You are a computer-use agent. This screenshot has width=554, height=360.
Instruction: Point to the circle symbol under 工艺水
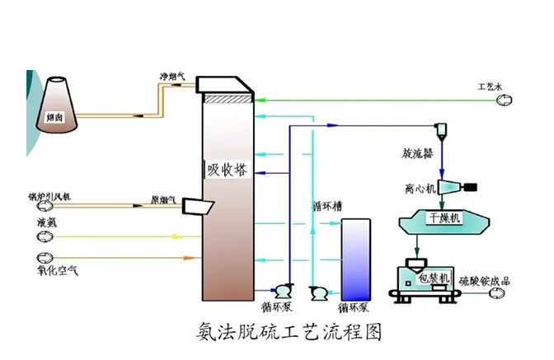point(503,100)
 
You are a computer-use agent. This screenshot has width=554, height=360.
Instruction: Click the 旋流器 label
point(417,153)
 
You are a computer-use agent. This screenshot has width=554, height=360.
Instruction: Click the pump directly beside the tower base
point(283,290)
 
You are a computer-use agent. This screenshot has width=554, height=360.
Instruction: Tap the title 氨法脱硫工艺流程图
point(289,332)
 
